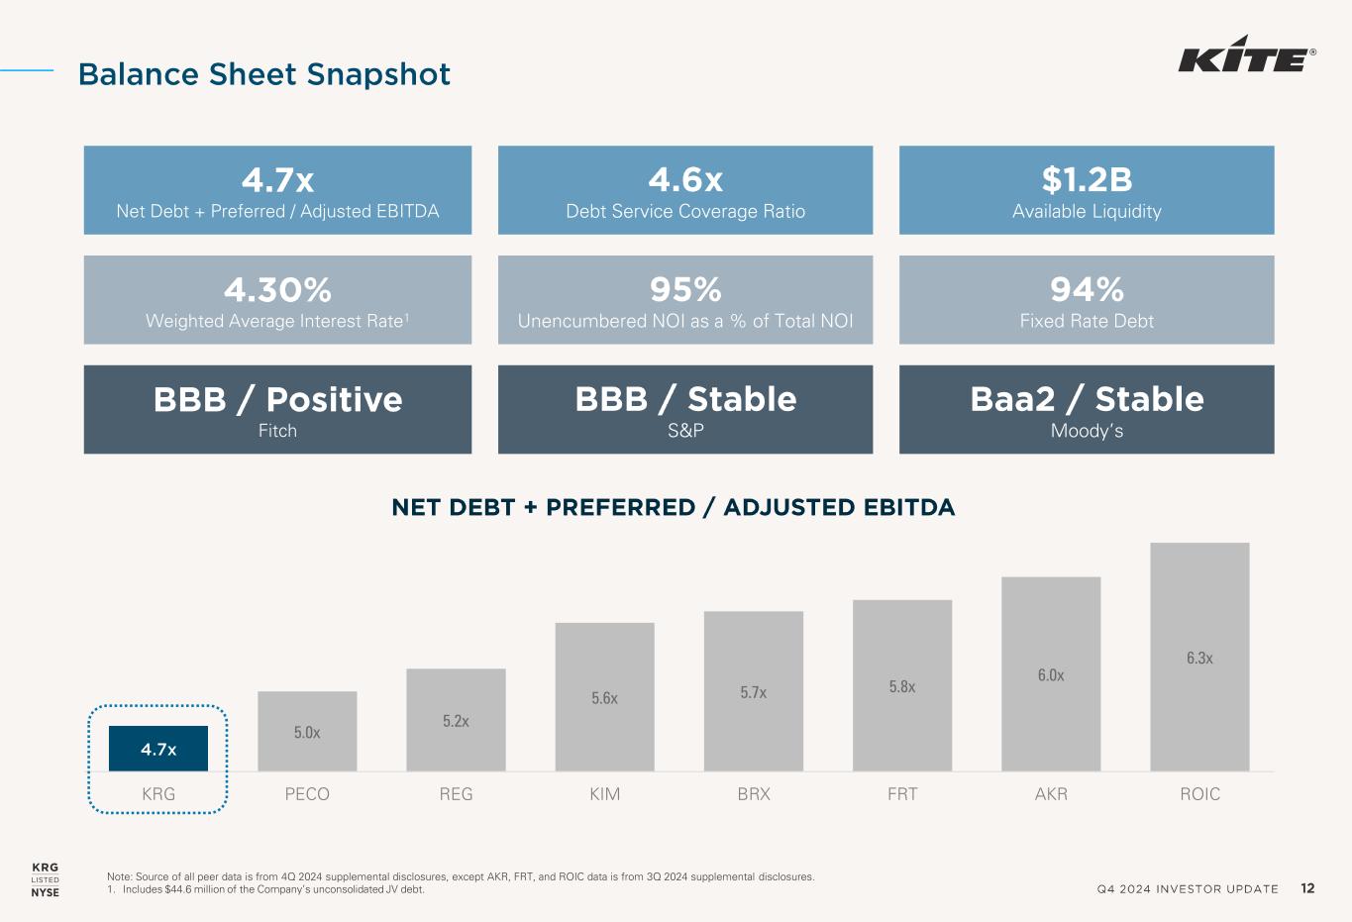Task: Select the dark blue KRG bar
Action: pyautogui.click(x=158, y=749)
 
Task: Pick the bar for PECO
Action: pyautogui.click(x=307, y=731)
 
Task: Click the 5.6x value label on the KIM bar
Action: pyautogui.click(x=604, y=698)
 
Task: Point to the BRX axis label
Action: pyautogui.click(x=754, y=794)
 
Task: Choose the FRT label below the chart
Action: pyautogui.click(x=902, y=794)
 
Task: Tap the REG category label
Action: pyautogui.click(x=456, y=794)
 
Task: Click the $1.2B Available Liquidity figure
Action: pyautogui.click(x=1087, y=180)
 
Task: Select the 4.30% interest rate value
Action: pyautogui.click(x=277, y=290)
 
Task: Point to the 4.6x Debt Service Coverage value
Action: pyautogui.click(x=685, y=180)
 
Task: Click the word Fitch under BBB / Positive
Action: pyautogui.click(x=277, y=431)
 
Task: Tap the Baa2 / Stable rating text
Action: pyautogui.click(x=1087, y=399)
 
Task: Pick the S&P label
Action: pyautogui.click(x=685, y=431)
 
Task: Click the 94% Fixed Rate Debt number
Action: pyautogui.click(x=1087, y=290)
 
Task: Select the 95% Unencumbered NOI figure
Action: pyautogui.click(x=685, y=290)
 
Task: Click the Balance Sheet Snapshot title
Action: pyautogui.click(x=264, y=74)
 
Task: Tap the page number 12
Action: pyautogui.click(x=1307, y=888)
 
